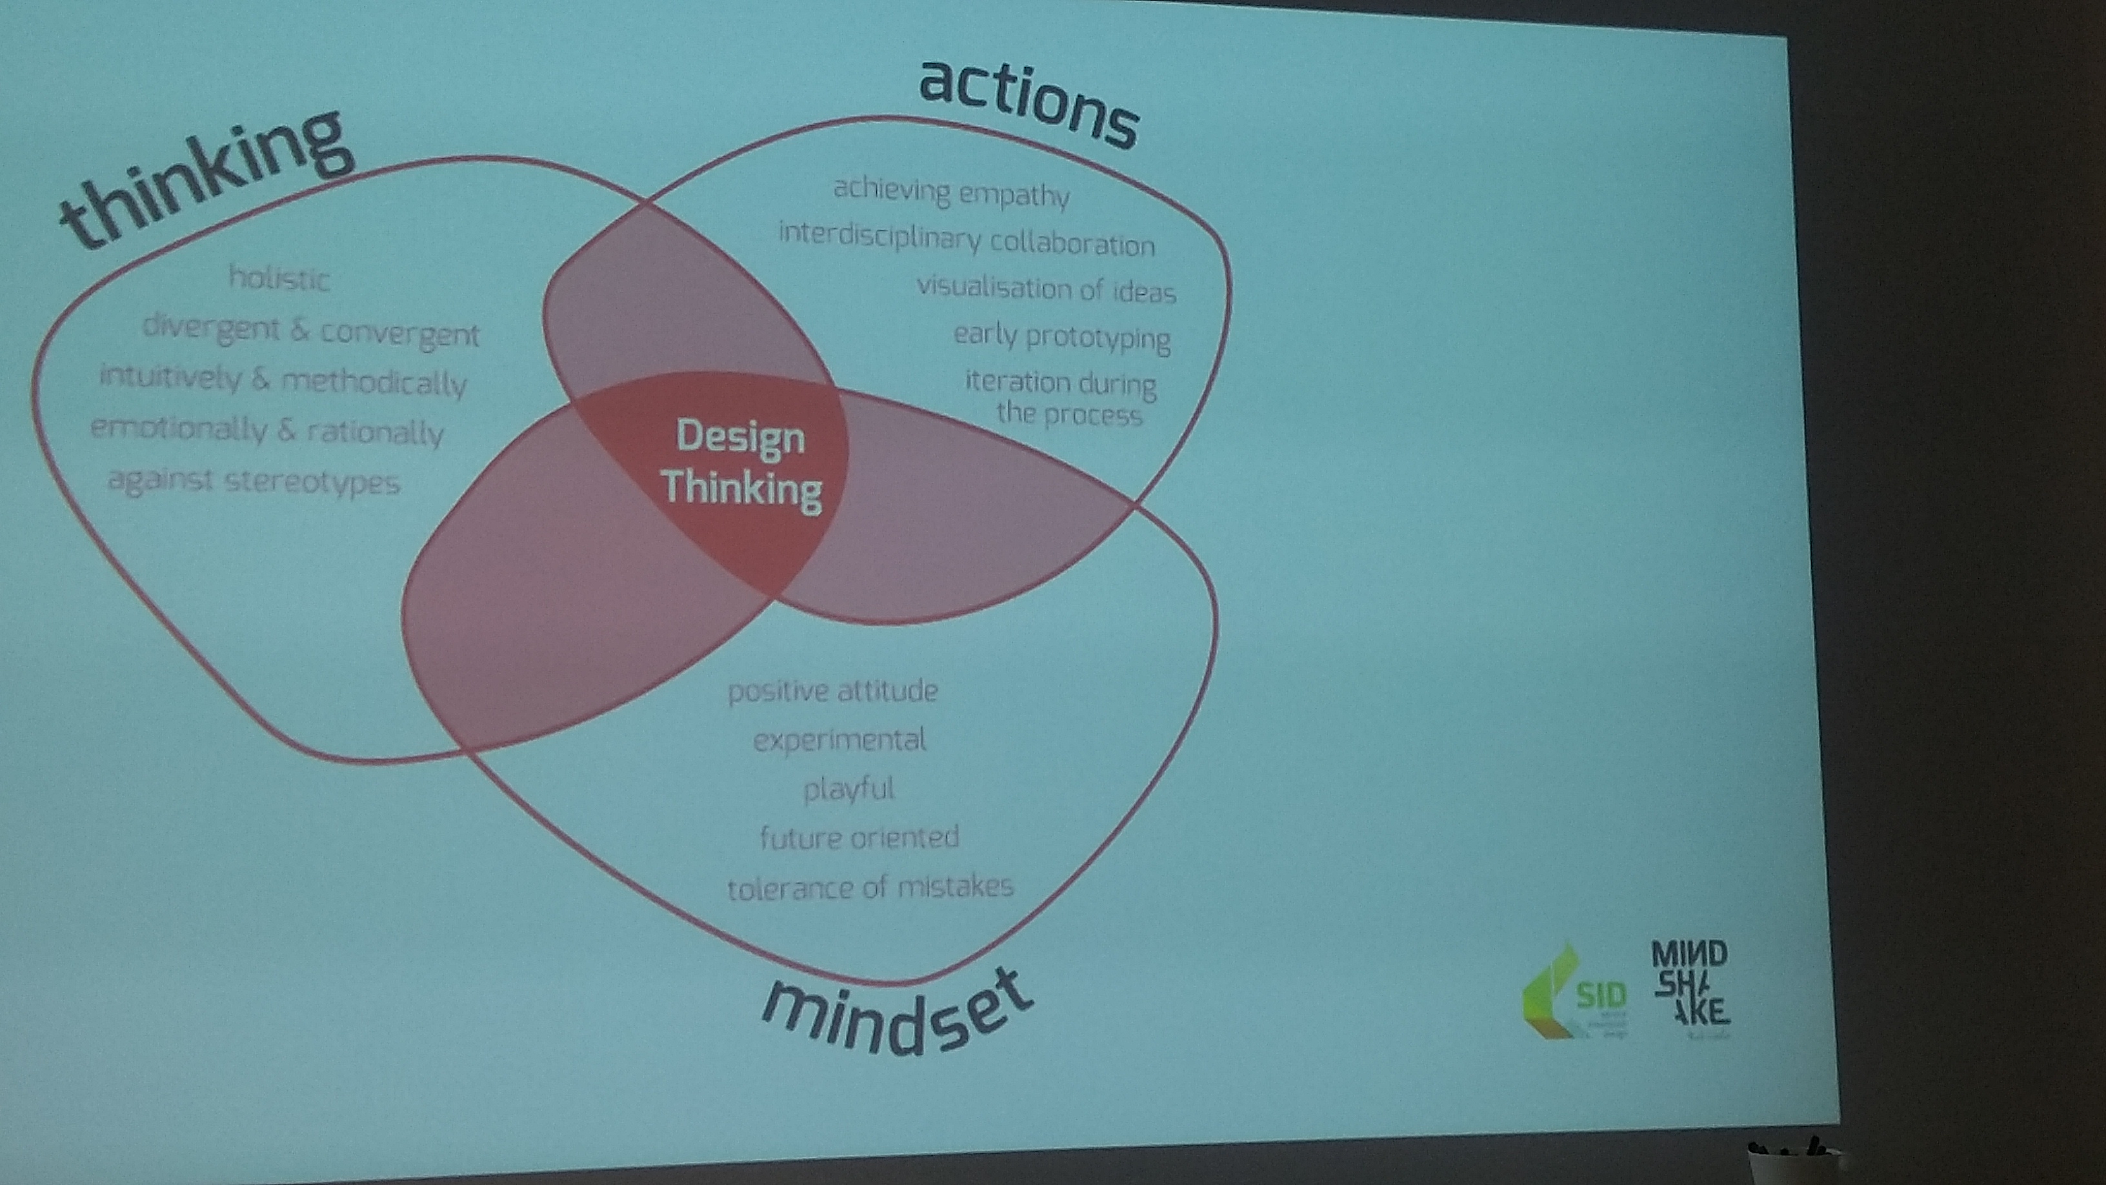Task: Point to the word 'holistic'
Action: coord(279,279)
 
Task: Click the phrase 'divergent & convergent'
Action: coord(310,331)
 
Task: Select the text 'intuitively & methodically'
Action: coord(283,380)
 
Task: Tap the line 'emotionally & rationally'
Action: coord(266,430)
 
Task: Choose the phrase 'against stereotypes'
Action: coord(254,481)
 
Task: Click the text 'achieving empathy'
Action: coord(951,193)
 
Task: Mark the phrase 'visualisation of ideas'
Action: coord(1046,289)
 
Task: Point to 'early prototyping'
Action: coord(1061,337)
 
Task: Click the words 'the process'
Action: coord(1068,414)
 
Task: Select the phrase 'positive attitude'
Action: coord(832,692)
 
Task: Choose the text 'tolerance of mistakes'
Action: coord(870,887)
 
